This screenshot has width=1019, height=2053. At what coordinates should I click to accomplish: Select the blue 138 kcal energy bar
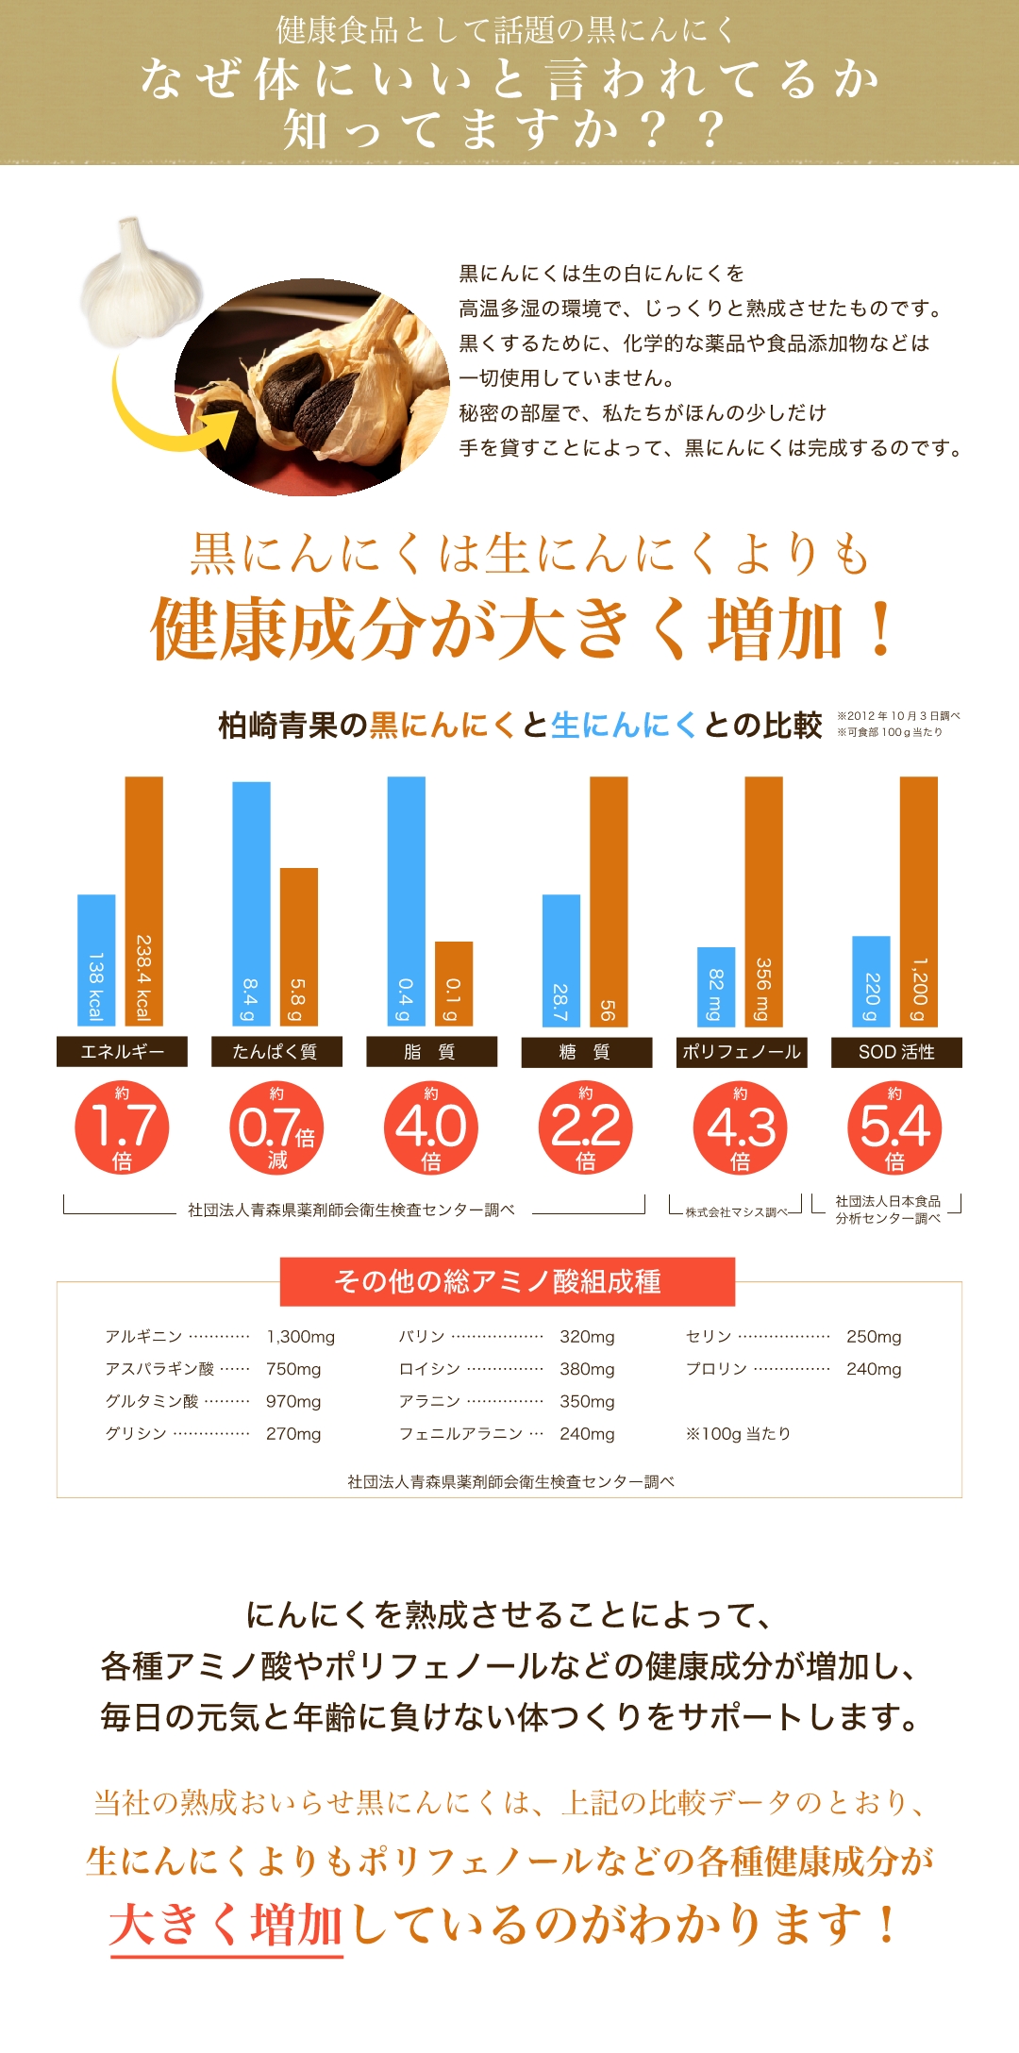pos(96,960)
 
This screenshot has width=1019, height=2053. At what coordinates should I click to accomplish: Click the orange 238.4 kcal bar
pos(143,901)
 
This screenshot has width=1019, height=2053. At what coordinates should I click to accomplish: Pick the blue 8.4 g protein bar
pos(251,903)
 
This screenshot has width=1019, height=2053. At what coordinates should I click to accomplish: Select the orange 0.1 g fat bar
pos(453,983)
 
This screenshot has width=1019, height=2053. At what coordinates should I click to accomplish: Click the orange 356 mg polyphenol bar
pos(763,901)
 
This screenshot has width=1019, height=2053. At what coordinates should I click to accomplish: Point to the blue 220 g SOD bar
pos(871,980)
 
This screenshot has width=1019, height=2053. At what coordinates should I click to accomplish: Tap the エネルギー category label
pos(122,1052)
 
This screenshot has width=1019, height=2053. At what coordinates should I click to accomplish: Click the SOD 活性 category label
pos(896,1052)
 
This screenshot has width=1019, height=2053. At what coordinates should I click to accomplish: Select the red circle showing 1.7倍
pos(122,1127)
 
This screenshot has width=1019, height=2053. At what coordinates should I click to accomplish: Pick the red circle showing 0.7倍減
pos(276,1127)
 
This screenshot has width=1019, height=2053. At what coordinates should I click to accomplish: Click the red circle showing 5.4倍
pos(895,1127)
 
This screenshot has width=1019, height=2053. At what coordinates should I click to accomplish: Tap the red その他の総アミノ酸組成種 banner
pos(508,1281)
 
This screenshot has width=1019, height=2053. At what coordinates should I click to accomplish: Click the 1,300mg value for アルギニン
pos(300,1337)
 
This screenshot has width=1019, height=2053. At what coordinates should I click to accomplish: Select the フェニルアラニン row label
pos(460,1434)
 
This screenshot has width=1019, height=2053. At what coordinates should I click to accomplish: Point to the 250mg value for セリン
pos(874,1337)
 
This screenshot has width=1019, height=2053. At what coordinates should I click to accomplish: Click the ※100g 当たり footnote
pos(738,1434)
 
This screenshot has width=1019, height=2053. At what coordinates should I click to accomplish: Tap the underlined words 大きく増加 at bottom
pos(226,1925)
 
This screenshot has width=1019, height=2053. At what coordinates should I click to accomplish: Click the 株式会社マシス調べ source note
pos(735,1212)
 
